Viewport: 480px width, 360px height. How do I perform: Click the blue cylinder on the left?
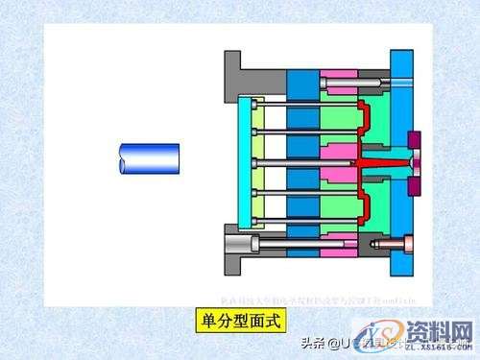[x=149, y=158]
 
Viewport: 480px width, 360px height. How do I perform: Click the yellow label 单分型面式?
[x=239, y=320]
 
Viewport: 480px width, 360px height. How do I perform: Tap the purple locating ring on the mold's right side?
[x=414, y=153]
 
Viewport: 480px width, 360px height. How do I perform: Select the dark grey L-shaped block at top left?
[x=238, y=72]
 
